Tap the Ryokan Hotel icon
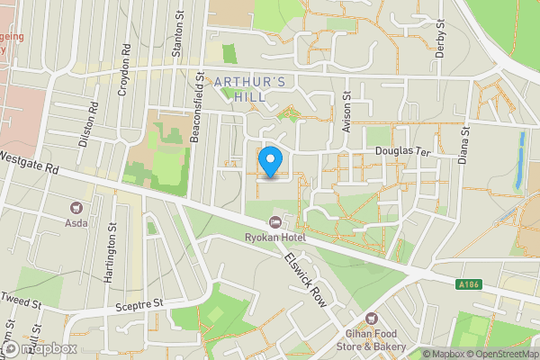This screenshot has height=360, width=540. click(275, 221)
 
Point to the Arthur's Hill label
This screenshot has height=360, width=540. click(252, 91)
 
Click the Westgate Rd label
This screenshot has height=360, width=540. click(31, 164)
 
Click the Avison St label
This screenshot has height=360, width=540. click(346, 110)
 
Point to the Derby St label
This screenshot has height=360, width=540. click(440, 38)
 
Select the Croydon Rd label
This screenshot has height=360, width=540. click(125, 70)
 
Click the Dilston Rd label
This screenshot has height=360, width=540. click(87, 126)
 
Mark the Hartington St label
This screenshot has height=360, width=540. click(112, 253)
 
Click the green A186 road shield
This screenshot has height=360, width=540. click(466, 285)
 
